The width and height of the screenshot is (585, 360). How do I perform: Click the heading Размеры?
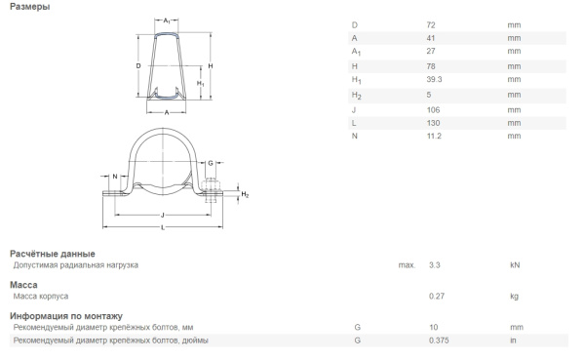30,7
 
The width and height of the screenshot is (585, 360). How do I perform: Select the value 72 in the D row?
431,25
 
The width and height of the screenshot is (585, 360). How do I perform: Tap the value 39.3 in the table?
434,79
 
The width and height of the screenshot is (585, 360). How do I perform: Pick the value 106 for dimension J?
433,110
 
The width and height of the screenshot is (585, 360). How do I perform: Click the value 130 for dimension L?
433,123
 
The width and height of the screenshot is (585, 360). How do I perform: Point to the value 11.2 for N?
434,136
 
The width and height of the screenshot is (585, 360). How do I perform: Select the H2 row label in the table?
356,96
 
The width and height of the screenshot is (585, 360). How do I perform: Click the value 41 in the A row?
431,38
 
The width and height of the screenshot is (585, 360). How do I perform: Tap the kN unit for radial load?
515,265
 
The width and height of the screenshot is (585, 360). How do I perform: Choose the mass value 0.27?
437,297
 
